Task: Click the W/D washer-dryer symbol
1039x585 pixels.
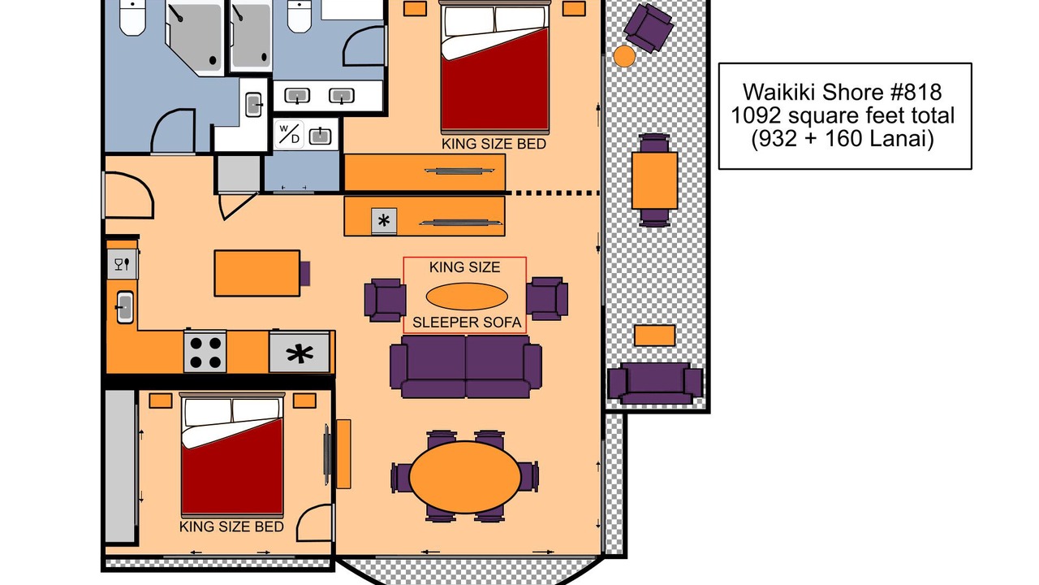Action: pyautogui.click(x=289, y=134)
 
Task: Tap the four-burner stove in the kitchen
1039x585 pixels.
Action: pyautogui.click(x=205, y=352)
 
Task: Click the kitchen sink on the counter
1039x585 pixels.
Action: pyautogui.click(x=125, y=307)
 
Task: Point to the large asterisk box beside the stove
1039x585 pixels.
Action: pyautogui.click(x=300, y=353)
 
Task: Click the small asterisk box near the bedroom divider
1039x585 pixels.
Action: pyautogui.click(x=384, y=220)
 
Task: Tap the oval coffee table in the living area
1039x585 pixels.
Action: pyautogui.click(x=467, y=297)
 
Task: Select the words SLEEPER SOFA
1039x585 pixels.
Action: pyautogui.click(x=467, y=323)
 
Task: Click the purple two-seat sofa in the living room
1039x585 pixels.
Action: pyautogui.click(x=466, y=366)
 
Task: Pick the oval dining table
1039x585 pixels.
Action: pyautogui.click(x=465, y=477)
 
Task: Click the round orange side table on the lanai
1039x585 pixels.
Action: pyautogui.click(x=624, y=56)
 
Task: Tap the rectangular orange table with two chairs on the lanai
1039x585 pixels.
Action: pyautogui.click(x=654, y=180)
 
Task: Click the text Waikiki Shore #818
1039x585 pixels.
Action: pyautogui.click(x=842, y=92)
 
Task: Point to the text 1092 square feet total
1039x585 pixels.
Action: pyautogui.click(x=843, y=115)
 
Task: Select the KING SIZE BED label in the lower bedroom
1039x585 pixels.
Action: pyautogui.click(x=231, y=526)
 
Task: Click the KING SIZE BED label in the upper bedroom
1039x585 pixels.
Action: pyautogui.click(x=494, y=144)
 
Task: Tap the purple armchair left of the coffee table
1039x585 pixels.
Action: pyautogui.click(x=385, y=300)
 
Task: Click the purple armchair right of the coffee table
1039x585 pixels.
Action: pyautogui.click(x=547, y=298)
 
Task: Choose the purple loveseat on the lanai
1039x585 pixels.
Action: pyautogui.click(x=655, y=383)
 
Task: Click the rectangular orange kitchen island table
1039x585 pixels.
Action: pyautogui.click(x=257, y=273)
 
